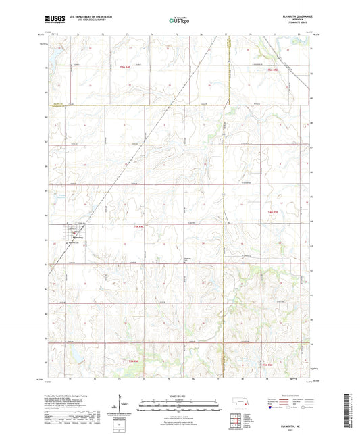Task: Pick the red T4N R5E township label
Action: (272, 213)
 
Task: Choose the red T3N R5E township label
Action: (268, 365)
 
